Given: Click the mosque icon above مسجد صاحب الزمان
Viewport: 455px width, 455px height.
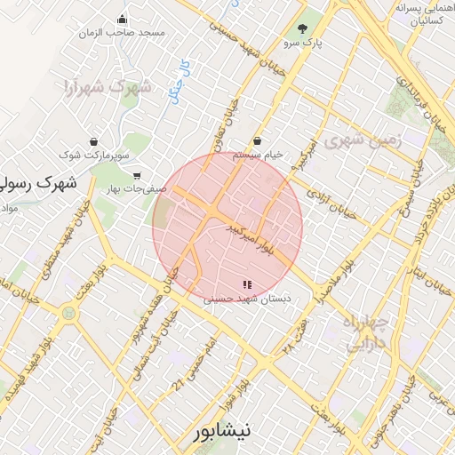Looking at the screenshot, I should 123,20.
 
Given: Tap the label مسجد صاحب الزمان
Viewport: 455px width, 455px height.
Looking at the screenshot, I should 132,32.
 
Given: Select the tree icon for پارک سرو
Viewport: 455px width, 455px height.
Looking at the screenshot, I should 303,28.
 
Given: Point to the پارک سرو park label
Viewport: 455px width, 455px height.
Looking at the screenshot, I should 303,42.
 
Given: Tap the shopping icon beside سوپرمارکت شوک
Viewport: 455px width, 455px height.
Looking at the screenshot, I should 93,140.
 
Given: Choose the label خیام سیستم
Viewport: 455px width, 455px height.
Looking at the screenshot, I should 258,154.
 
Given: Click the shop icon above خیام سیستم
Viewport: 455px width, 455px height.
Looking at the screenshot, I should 258,140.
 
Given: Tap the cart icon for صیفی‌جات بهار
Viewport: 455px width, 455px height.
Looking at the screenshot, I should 136,175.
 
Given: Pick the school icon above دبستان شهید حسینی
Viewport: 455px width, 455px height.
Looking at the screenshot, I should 246,284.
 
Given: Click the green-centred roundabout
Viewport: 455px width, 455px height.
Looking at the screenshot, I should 68,313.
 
